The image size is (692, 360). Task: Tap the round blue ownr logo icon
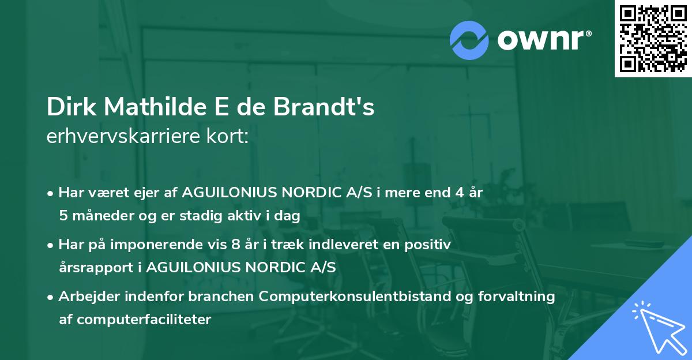(469, 40)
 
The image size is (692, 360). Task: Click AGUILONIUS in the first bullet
(227, 193)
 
